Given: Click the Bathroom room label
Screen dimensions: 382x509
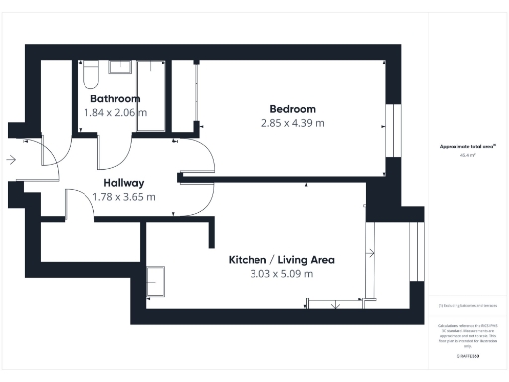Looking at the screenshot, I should [x=115, y=99].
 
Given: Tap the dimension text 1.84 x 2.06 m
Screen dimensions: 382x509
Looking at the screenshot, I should [x=115, y=113].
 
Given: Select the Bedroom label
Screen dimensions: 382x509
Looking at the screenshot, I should [x=292, y=108].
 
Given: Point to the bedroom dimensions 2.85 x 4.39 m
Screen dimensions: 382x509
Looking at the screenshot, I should [x=292, y=123].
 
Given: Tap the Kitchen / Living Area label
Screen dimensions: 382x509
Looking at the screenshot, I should [x=281, y=259].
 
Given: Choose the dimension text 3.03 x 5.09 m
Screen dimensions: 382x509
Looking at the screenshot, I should [x=281, y=274].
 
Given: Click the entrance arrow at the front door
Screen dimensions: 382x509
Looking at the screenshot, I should [x=10, y=159].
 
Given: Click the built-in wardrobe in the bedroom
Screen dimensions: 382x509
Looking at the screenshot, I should [x=187, y=95].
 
